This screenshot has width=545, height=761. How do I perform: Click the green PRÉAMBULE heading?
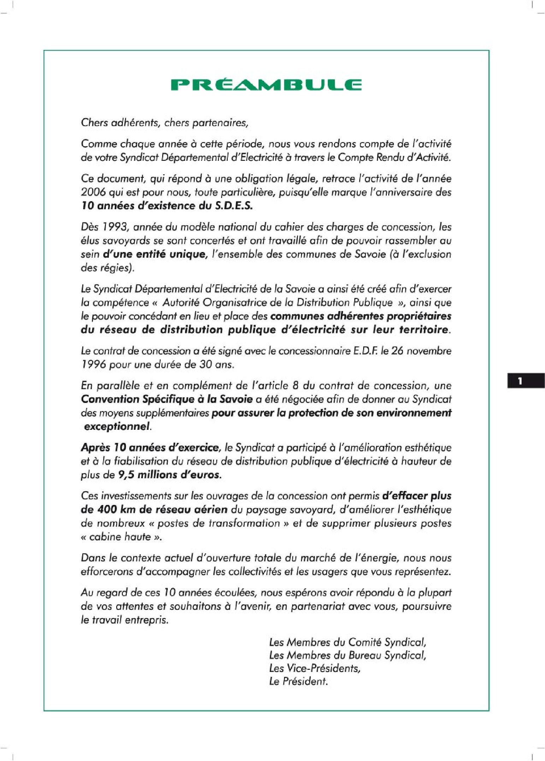click(266, 85)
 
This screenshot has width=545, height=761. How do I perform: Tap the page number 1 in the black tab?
click(520, 381)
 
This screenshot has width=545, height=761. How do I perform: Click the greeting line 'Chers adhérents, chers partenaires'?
click(165, 123)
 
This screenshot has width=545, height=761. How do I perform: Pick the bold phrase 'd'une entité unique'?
click(154, 254)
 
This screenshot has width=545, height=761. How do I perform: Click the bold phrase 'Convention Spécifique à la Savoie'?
click(166, 399)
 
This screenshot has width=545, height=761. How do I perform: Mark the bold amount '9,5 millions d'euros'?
click(169, 475)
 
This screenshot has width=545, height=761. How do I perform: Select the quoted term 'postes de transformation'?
click(218, 523)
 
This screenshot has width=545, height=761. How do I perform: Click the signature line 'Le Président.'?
click(298, 681)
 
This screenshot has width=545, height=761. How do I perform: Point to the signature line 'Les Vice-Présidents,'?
click(314, 668)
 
